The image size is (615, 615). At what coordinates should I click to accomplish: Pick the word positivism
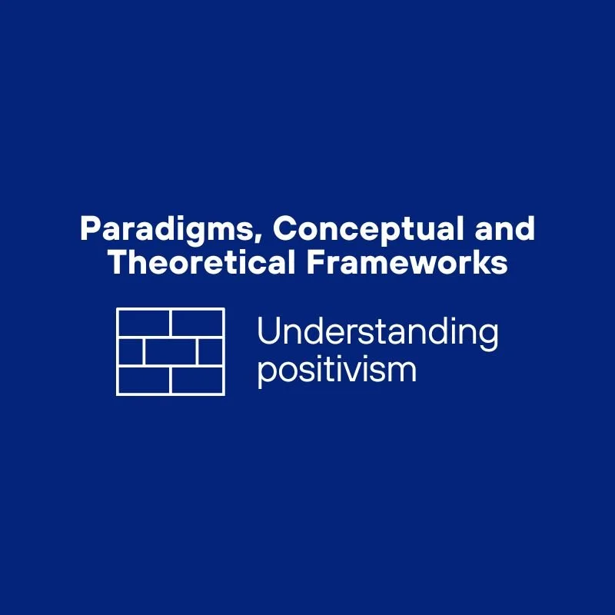pos(336,370)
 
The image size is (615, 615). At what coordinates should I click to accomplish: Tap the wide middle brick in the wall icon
pos(170,351)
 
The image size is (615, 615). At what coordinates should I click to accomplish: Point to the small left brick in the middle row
pos(131,351)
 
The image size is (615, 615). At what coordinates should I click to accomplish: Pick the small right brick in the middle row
pos(210,351)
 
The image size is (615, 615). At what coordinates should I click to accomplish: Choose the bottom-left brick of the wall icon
pos(144,380)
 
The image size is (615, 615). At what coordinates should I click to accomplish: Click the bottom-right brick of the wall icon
pos(197,380)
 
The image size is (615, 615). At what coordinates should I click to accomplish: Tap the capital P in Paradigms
pos(89,229)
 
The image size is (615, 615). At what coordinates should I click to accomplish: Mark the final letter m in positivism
pos(404,371)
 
